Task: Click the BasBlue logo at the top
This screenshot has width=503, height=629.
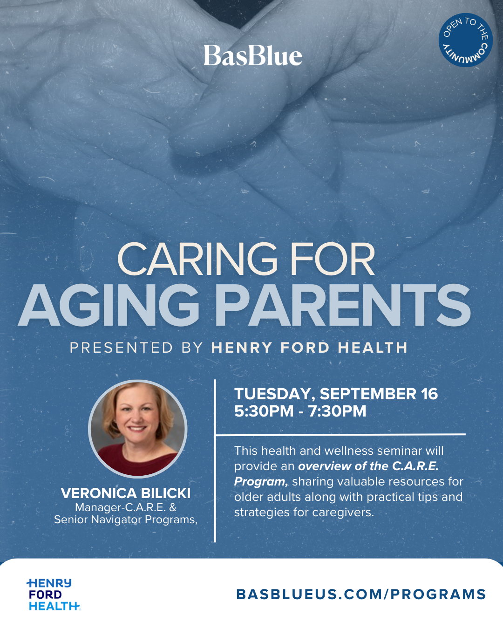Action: [x=253, y=55]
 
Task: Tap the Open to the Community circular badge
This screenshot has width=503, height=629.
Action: [x=466, y=40]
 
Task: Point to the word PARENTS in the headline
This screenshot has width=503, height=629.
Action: [x=343, y=305]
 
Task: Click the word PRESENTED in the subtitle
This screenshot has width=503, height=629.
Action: [x=121, y=348]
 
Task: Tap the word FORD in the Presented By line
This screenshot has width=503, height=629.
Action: [x=305, y=348]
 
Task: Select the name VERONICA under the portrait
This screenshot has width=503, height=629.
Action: [x=99, y=493]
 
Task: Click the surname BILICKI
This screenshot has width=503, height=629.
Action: [x=165, y=493]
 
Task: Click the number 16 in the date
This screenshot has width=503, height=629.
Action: [x=429, y=394]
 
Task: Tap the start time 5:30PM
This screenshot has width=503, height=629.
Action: [x=264, y=411]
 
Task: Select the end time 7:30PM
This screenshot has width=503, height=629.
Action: [x=337, y=411]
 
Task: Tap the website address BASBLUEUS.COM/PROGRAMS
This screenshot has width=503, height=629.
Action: [x=361, y=595]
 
